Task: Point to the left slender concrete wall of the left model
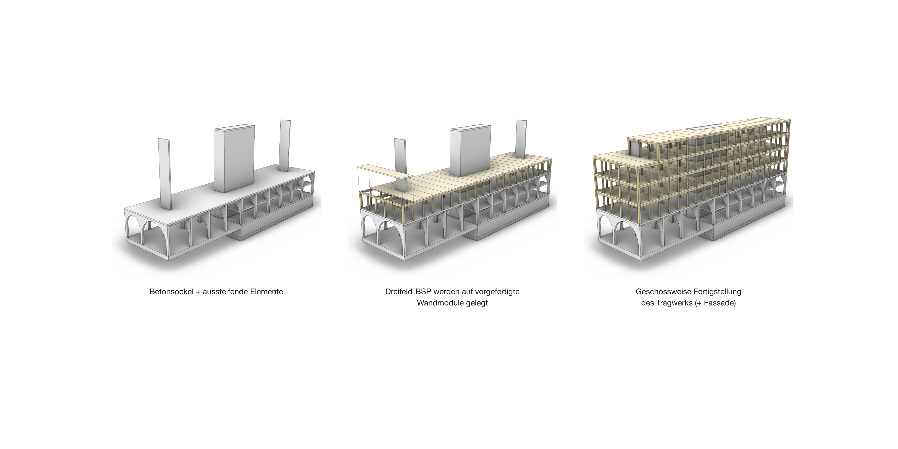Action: point(165,174)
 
